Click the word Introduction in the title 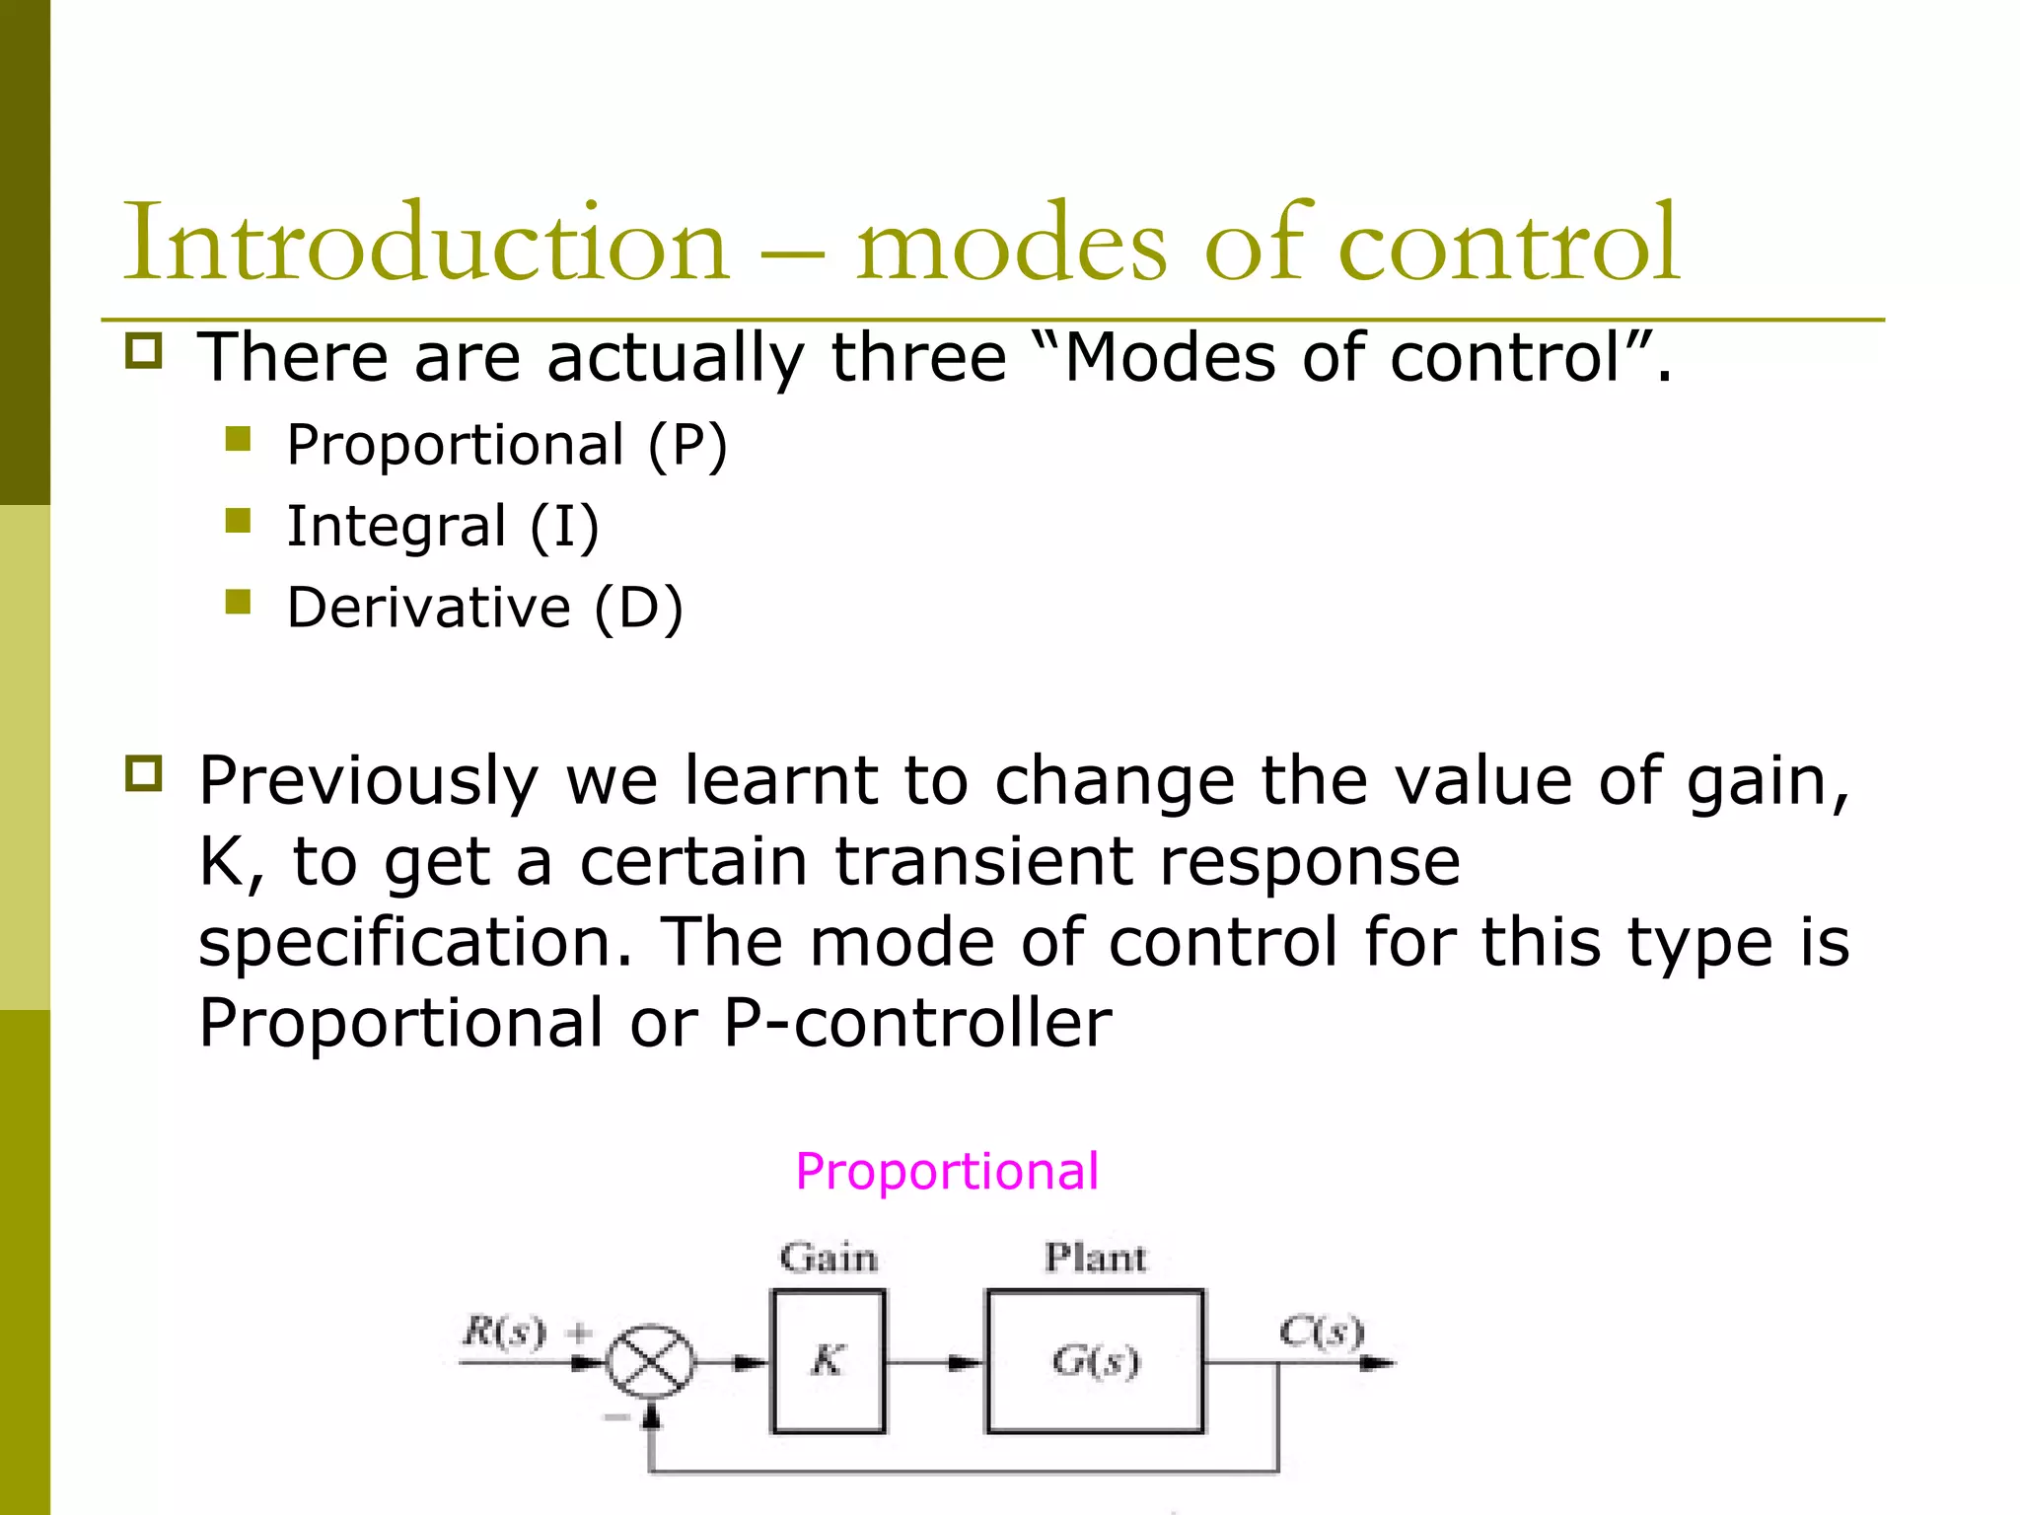tap(424, 242)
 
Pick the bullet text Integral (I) tap(443, 526)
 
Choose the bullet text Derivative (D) tap(484, 608)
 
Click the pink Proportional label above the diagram tap(947, 1172)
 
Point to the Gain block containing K tap(829, 1361)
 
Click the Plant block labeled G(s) tap(1095, 1361)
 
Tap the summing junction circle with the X tap(649, 1362)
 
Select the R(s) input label tap(504, 1333)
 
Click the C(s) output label tap(1322, 1332)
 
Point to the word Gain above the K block tap(829, 1259)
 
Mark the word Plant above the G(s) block tap(1095, 1259)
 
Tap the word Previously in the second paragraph tap(368, 780)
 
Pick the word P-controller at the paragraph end tap(917, 1023)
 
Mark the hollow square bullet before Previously tap(144, 773)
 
